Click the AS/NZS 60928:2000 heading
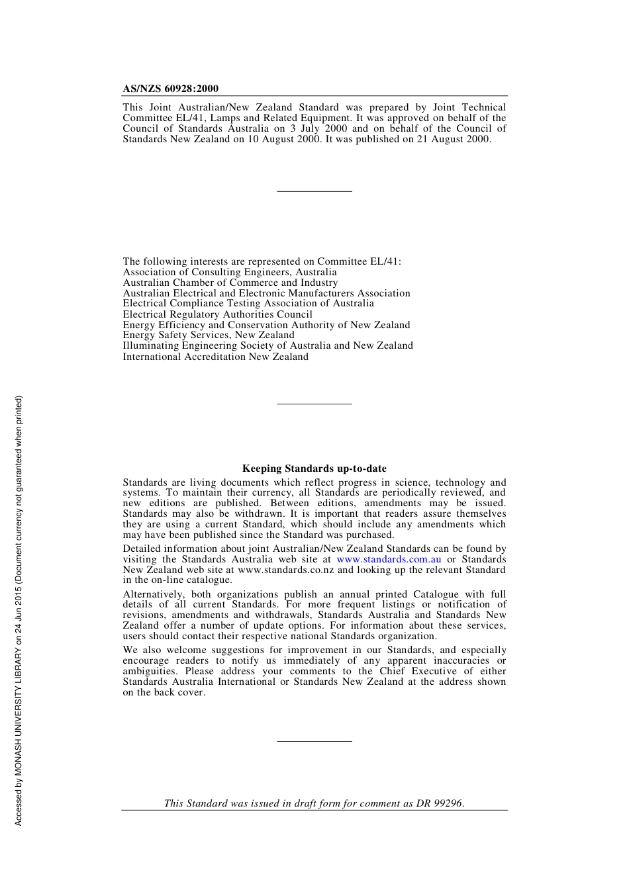click(x=170, y=89)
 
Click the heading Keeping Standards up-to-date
click(x=314, y=468)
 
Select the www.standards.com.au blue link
click(x=389, y=559)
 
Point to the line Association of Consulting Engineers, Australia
click(x=230, y=272)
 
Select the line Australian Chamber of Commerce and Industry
click(x=230, y=283)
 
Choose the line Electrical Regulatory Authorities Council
click(x=217, y=314)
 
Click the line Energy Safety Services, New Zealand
click(x=208, y=335)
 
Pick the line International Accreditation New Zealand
click(x=215, y=357)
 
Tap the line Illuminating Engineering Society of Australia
click(x=267, y=345)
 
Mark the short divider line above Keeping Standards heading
click(x=314, y=404)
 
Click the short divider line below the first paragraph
click(x=314, y=191)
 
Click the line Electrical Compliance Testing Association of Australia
click(x=248, y=303)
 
